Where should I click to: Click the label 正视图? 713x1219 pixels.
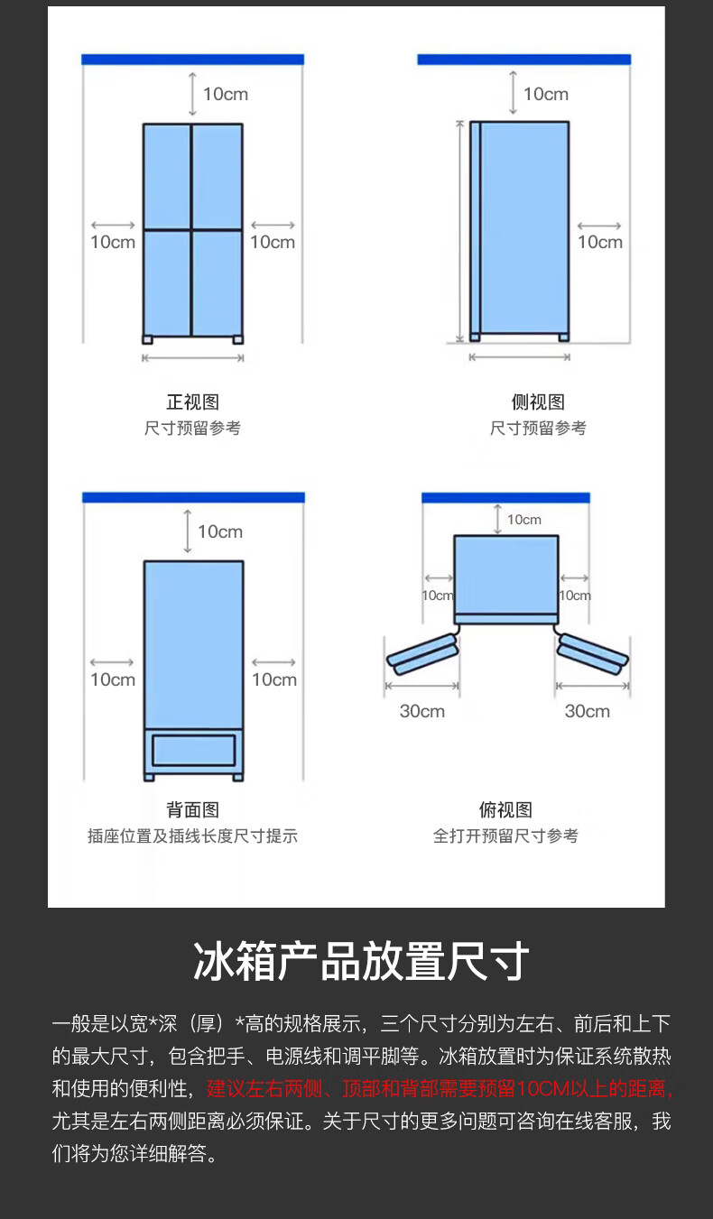click(x=192, y=402)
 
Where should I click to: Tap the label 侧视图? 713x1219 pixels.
click(x=538, y=402)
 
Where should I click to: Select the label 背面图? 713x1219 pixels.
click(x=192, y=810)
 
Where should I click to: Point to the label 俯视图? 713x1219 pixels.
click(x=505, y=810)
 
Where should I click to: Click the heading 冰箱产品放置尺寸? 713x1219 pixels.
click(x=361, y=962)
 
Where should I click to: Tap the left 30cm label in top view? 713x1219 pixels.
click(x=422, y=711)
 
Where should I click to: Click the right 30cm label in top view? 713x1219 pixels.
click(x=588, y=711)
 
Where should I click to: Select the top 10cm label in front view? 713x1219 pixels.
click(x=225, y=94)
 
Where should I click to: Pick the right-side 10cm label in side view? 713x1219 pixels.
click(x=600, y=242)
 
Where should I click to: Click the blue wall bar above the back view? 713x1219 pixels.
click(x=193, y=497)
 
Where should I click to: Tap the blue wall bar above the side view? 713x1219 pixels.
click(x=523, y=60)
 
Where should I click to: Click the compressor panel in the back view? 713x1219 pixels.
click(x=193, y=751)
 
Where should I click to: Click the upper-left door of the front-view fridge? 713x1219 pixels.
click(x=167, y=176)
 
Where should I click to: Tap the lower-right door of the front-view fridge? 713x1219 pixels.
click(x=218, y=282)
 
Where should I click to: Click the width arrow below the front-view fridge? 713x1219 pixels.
click(x=193, y=358)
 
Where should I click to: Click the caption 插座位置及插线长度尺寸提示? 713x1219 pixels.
click(x=192, y=836)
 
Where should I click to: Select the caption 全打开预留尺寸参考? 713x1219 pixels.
click(x=505, y=836)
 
